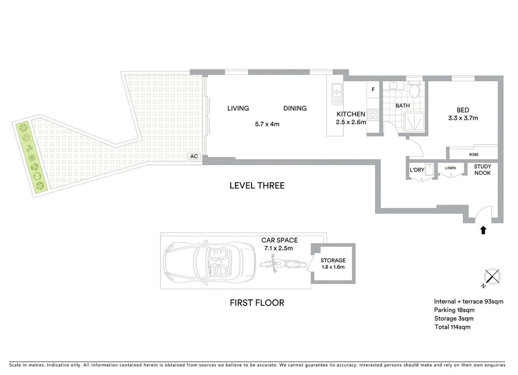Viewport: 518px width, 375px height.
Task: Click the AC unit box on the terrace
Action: coord(194,156)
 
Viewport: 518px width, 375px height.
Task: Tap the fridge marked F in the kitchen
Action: coord(373,90)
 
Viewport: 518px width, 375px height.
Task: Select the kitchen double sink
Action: coord(337,94)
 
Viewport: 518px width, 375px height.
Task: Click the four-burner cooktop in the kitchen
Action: coord(373,115)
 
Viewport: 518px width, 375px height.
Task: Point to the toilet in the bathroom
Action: coord(414,90)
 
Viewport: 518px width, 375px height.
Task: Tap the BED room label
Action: coord(463,110)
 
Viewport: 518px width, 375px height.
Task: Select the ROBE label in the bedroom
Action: coord(474,155)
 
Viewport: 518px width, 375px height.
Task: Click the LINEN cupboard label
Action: coord(450,168)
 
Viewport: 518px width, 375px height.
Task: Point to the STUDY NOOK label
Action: coord(482,170)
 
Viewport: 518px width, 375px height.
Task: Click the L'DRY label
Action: coord(417,170)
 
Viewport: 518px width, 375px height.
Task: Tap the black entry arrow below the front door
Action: coord(483,230)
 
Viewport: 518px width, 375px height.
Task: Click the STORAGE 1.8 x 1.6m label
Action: coord(333,263)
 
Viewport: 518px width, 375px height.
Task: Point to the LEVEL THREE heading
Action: coord(257,185)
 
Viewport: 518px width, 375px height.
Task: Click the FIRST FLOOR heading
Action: coord(257,303)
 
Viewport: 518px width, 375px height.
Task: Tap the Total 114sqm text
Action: coord(452,327)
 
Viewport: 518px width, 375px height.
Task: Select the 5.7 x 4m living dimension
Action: coord(267,124)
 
